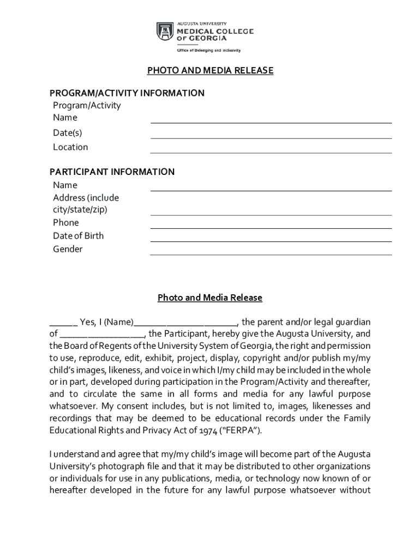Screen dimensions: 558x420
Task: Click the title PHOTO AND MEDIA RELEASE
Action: pos(210,71)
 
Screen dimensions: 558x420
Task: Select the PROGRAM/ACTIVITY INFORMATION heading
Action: pos(127,93)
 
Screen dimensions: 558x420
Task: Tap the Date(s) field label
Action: pos(68,133)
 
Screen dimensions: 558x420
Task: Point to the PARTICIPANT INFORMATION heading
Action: pos(112,172)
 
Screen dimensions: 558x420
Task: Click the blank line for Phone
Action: pos(271,227)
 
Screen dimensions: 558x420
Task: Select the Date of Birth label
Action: pos(78,236)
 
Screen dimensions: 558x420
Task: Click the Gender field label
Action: pos(68,249)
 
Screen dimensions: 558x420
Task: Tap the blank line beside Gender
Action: pos(271,253)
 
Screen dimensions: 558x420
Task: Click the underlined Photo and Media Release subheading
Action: pos(210,298)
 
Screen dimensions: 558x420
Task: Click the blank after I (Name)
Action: pos(185,323)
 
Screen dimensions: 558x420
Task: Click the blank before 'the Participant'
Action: pos(101,335)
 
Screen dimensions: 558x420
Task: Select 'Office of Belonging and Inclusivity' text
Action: pos(208,50)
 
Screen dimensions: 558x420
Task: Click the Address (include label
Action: pos(86,198)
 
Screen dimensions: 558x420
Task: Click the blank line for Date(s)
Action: pos(271,137)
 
